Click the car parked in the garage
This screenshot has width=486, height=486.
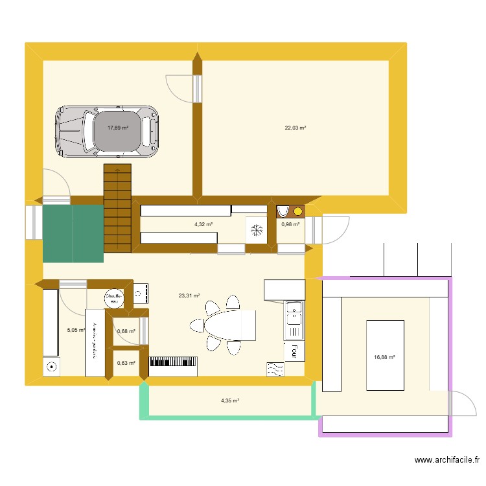coord(107,131)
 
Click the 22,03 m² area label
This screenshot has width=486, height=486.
coord(295,128)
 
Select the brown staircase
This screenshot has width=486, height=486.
coord(118,207)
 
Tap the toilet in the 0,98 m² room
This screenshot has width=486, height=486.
coord(283,211)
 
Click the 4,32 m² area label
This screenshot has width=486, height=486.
coord(203,224)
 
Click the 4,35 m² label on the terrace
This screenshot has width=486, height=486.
coord(230,401)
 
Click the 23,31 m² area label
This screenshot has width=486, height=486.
coord(189,295)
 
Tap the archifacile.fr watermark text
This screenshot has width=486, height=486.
coord(447,461)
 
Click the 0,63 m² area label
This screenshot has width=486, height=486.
coord(126,363)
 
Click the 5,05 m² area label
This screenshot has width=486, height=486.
coord(76,330)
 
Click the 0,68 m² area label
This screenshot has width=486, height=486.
coord(126,331)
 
